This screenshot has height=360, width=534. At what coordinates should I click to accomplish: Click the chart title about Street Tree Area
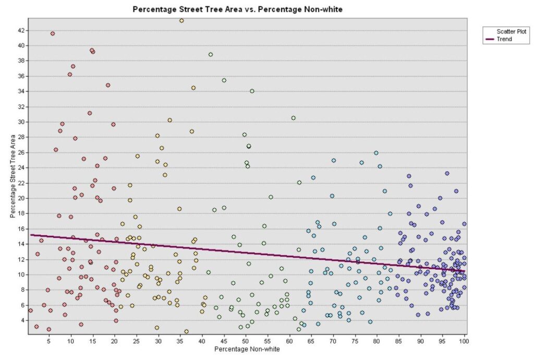point(238,9)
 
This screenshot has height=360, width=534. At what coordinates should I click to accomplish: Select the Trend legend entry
point(504,39)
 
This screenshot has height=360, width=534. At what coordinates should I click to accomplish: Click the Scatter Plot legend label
point(511,32)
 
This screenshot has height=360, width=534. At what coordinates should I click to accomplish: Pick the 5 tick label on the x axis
point(48,342)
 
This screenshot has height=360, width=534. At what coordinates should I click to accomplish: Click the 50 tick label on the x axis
point(245,342)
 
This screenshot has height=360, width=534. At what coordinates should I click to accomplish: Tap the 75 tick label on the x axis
point(355,342)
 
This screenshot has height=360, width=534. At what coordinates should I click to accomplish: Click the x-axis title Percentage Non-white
point(245,350)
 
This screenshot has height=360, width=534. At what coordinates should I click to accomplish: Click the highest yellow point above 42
point(181,21)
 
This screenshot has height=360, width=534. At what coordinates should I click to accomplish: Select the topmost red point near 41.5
point(53,33)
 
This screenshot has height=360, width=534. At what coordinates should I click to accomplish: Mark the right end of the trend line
point(464,271)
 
